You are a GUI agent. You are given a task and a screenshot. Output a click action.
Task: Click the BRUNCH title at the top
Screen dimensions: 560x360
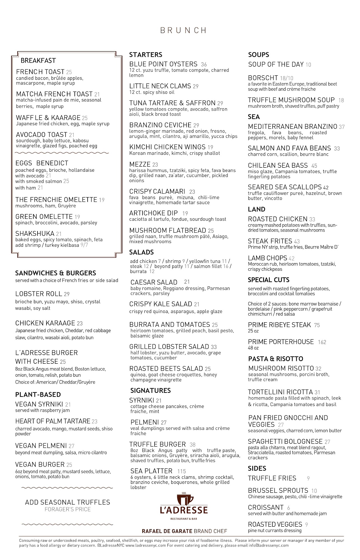183,30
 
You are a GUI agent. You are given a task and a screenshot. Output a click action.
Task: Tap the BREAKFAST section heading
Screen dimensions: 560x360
38,60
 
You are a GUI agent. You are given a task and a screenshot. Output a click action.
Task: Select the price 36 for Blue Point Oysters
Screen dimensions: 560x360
204,64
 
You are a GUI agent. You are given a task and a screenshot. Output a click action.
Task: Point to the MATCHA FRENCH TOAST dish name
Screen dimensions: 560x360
54,94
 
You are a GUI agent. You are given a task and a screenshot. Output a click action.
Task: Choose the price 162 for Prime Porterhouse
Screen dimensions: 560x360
322,342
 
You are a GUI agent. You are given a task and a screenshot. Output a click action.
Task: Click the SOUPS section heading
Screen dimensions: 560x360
258,55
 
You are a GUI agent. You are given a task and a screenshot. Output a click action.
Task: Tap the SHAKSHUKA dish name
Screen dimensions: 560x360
35,234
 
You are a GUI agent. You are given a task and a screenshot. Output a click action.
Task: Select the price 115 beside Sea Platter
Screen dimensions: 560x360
181,471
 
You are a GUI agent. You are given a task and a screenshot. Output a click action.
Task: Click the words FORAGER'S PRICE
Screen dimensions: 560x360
67,509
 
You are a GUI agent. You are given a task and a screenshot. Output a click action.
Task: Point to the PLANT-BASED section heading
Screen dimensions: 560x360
38,395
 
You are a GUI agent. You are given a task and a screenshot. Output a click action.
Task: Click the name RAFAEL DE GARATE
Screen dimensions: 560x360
167,531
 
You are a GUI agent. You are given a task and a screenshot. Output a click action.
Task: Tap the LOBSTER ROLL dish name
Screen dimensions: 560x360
38,294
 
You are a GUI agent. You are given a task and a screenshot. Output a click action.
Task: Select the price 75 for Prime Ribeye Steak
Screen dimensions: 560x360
317,325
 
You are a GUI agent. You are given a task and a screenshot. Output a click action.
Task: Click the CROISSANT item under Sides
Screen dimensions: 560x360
266,507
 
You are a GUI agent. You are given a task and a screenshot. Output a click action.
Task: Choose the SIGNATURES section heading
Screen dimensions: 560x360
150,390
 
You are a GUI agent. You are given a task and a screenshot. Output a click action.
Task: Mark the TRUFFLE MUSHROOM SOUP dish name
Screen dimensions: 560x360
291,100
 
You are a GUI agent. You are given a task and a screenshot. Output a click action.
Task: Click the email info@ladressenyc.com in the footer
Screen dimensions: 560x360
269,545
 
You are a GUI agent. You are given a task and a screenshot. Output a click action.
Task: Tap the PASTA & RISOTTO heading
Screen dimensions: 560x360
275,359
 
